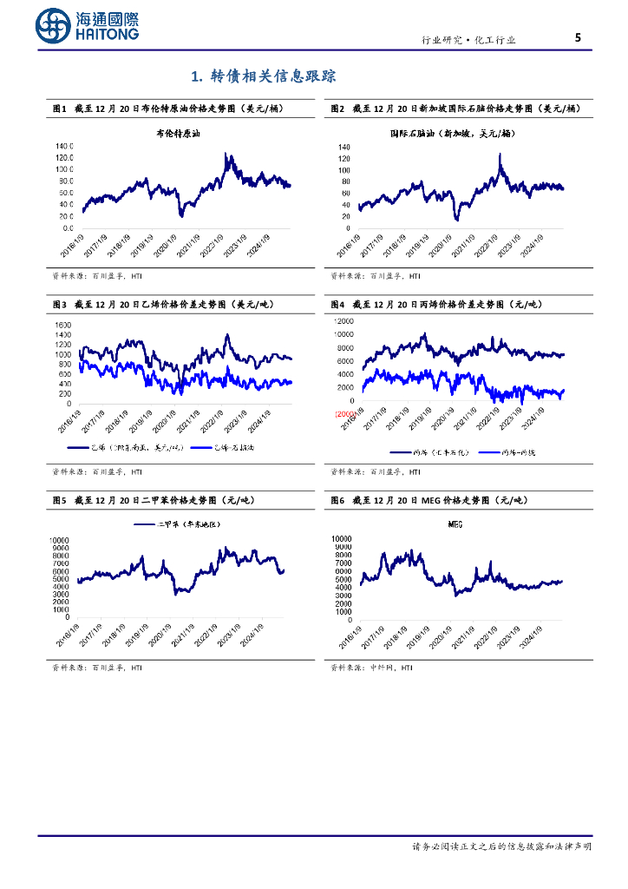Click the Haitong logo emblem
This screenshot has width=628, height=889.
click(x=53, y=26)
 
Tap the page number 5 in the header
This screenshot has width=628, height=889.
click(x=578, y=37)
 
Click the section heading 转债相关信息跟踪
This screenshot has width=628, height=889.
click(x=263, y=76)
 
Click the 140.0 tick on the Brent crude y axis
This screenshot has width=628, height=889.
click(x=64, y=146)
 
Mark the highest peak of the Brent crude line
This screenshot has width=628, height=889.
click(x=226, y=155)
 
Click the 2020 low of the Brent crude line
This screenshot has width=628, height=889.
click(x=180, y=215)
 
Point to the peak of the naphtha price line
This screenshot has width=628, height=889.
click(x=500, y=155)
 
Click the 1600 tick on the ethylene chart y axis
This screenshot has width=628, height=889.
click(x=62, y=325)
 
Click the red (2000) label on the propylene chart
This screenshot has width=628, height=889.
click(x=344, y=414)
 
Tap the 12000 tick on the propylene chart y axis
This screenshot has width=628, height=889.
click(x=343, y=321)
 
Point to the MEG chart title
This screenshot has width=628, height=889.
click(x=455, y=524)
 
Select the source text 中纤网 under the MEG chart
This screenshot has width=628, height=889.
click(x=379, y=668)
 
